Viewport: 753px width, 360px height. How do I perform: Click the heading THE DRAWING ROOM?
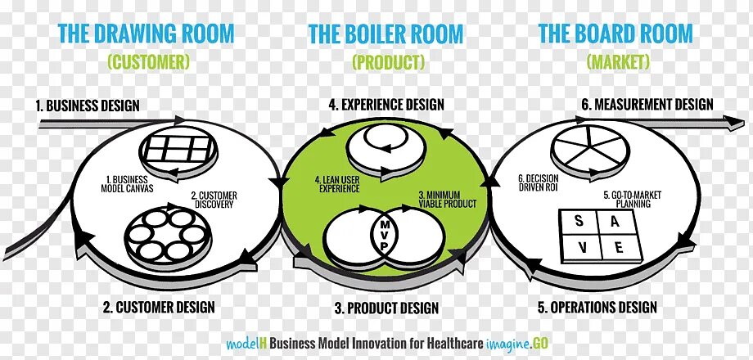(147, 34)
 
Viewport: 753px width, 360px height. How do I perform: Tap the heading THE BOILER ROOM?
(386, 34)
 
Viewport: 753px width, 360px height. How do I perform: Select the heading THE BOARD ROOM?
(615, 34)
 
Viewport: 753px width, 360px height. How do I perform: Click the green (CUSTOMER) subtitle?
(148, 61)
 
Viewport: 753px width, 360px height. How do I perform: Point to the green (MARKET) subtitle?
(618, 61)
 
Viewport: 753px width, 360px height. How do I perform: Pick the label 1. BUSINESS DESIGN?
(88, 106)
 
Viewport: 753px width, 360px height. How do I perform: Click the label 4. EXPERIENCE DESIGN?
(386, 105)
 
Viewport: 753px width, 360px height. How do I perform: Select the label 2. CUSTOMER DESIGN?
(159, 308)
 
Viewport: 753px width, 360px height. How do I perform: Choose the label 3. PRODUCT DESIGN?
(386, 308)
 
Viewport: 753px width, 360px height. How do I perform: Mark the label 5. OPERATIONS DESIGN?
(597, 308)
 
